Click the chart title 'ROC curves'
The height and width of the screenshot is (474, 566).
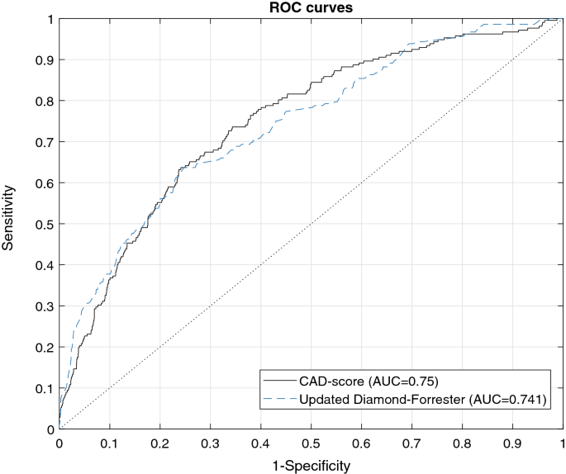(x=310, y=7)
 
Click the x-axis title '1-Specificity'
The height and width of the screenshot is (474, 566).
(x=310, y=466)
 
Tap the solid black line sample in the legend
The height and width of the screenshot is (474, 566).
(x=278, y=382)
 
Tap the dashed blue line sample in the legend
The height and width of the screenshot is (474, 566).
(x=278, y=400)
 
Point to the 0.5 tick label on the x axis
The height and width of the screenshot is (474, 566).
(x=311, y=443)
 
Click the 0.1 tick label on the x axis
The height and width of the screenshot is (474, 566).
(x=109, y=443)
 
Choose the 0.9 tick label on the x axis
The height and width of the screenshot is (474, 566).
(x=512, y=443)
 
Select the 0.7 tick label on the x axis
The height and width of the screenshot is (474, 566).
(x=411, y=443)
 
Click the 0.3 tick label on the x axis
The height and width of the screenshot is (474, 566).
(x=210, y=443)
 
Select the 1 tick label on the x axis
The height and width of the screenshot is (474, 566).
(x=562, y=443)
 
